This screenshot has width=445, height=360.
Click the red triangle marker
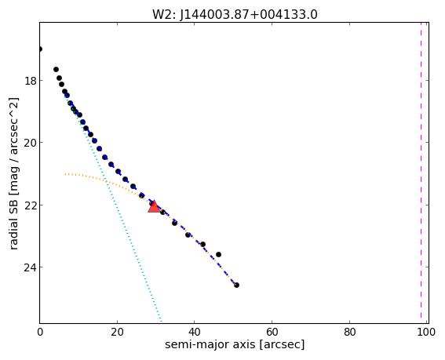154,207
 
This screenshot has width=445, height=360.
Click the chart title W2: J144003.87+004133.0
235,14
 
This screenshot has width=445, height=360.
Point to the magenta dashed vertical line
421,173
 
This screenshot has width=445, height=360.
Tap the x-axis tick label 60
272,333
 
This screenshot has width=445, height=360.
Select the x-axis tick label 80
350,333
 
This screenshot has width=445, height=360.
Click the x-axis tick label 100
426,333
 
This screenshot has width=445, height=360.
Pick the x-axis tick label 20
117,333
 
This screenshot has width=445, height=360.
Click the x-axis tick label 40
195,333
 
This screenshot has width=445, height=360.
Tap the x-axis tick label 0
40,333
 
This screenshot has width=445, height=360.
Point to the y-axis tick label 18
30,81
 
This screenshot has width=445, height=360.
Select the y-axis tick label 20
30,143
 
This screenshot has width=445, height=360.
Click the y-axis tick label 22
30,205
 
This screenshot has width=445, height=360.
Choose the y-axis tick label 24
30,267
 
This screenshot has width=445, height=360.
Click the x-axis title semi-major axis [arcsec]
235,345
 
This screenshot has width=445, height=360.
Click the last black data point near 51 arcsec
236,285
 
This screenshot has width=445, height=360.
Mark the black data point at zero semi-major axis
40,49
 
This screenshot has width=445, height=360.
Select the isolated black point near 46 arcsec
218,254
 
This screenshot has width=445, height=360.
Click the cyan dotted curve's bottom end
161,322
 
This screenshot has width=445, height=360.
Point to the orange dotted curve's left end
65,174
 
